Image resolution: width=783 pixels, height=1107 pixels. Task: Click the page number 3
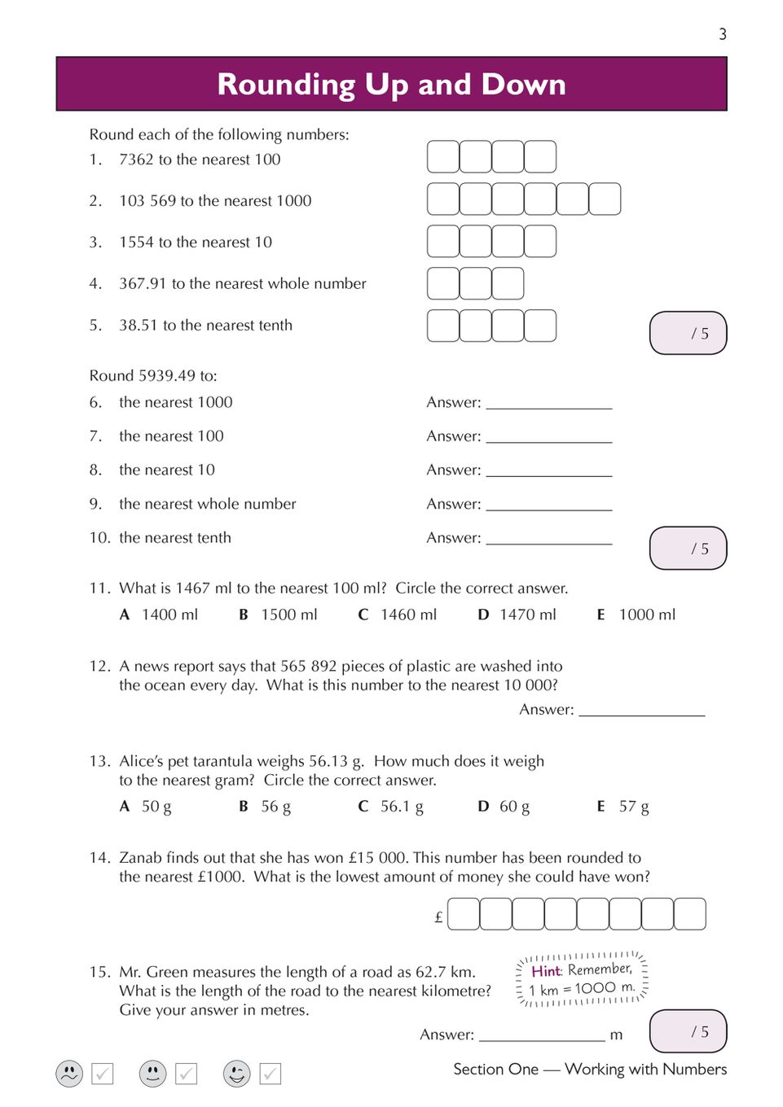[x=722, y=34]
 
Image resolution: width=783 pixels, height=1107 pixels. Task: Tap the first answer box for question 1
[x=443, y=157]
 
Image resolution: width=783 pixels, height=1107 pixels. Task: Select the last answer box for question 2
[x=605, y=199]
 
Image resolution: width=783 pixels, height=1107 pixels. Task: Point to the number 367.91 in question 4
[x=143, y=283]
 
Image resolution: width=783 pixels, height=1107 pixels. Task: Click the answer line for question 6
[x=548, y=405]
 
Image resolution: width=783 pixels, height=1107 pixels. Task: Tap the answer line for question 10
[x=548, y=540]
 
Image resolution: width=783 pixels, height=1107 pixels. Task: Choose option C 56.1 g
[x=391, y=807]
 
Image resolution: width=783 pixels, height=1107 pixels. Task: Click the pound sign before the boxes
[x=438, y=917]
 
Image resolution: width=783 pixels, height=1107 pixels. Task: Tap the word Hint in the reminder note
[x=546, y=971]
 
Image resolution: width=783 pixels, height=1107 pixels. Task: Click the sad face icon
[x=70, y=1074]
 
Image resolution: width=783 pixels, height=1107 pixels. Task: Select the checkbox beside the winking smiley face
[x=271, y=1074]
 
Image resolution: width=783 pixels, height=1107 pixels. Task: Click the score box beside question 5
[x=688, y=333]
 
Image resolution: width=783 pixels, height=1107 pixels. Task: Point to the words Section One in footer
[x=495, y=1069]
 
